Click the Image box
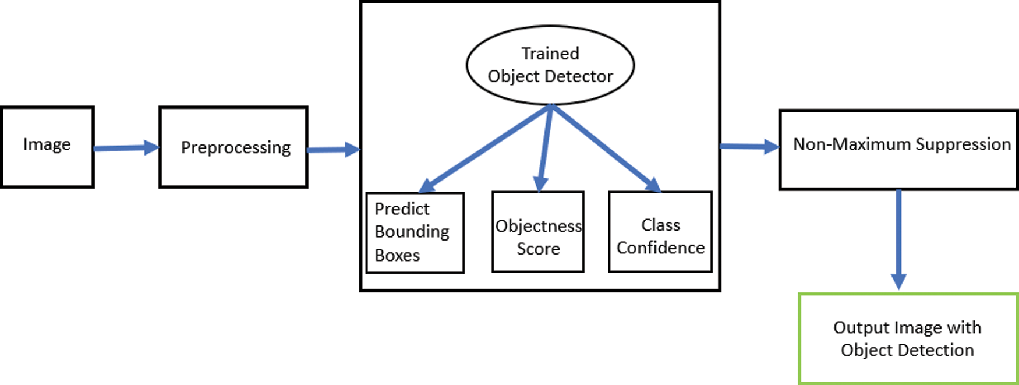47,147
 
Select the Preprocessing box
233,147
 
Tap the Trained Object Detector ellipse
550,65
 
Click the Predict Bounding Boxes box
415,232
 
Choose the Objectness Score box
537,232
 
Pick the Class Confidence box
660,232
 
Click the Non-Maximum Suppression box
898,150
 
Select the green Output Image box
907,338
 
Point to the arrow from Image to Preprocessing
126,148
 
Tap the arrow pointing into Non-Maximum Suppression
749,146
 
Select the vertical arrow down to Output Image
898,239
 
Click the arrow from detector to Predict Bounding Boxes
484,148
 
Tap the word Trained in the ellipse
550,54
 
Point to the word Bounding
412,232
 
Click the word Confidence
660,248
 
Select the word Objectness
538,226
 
